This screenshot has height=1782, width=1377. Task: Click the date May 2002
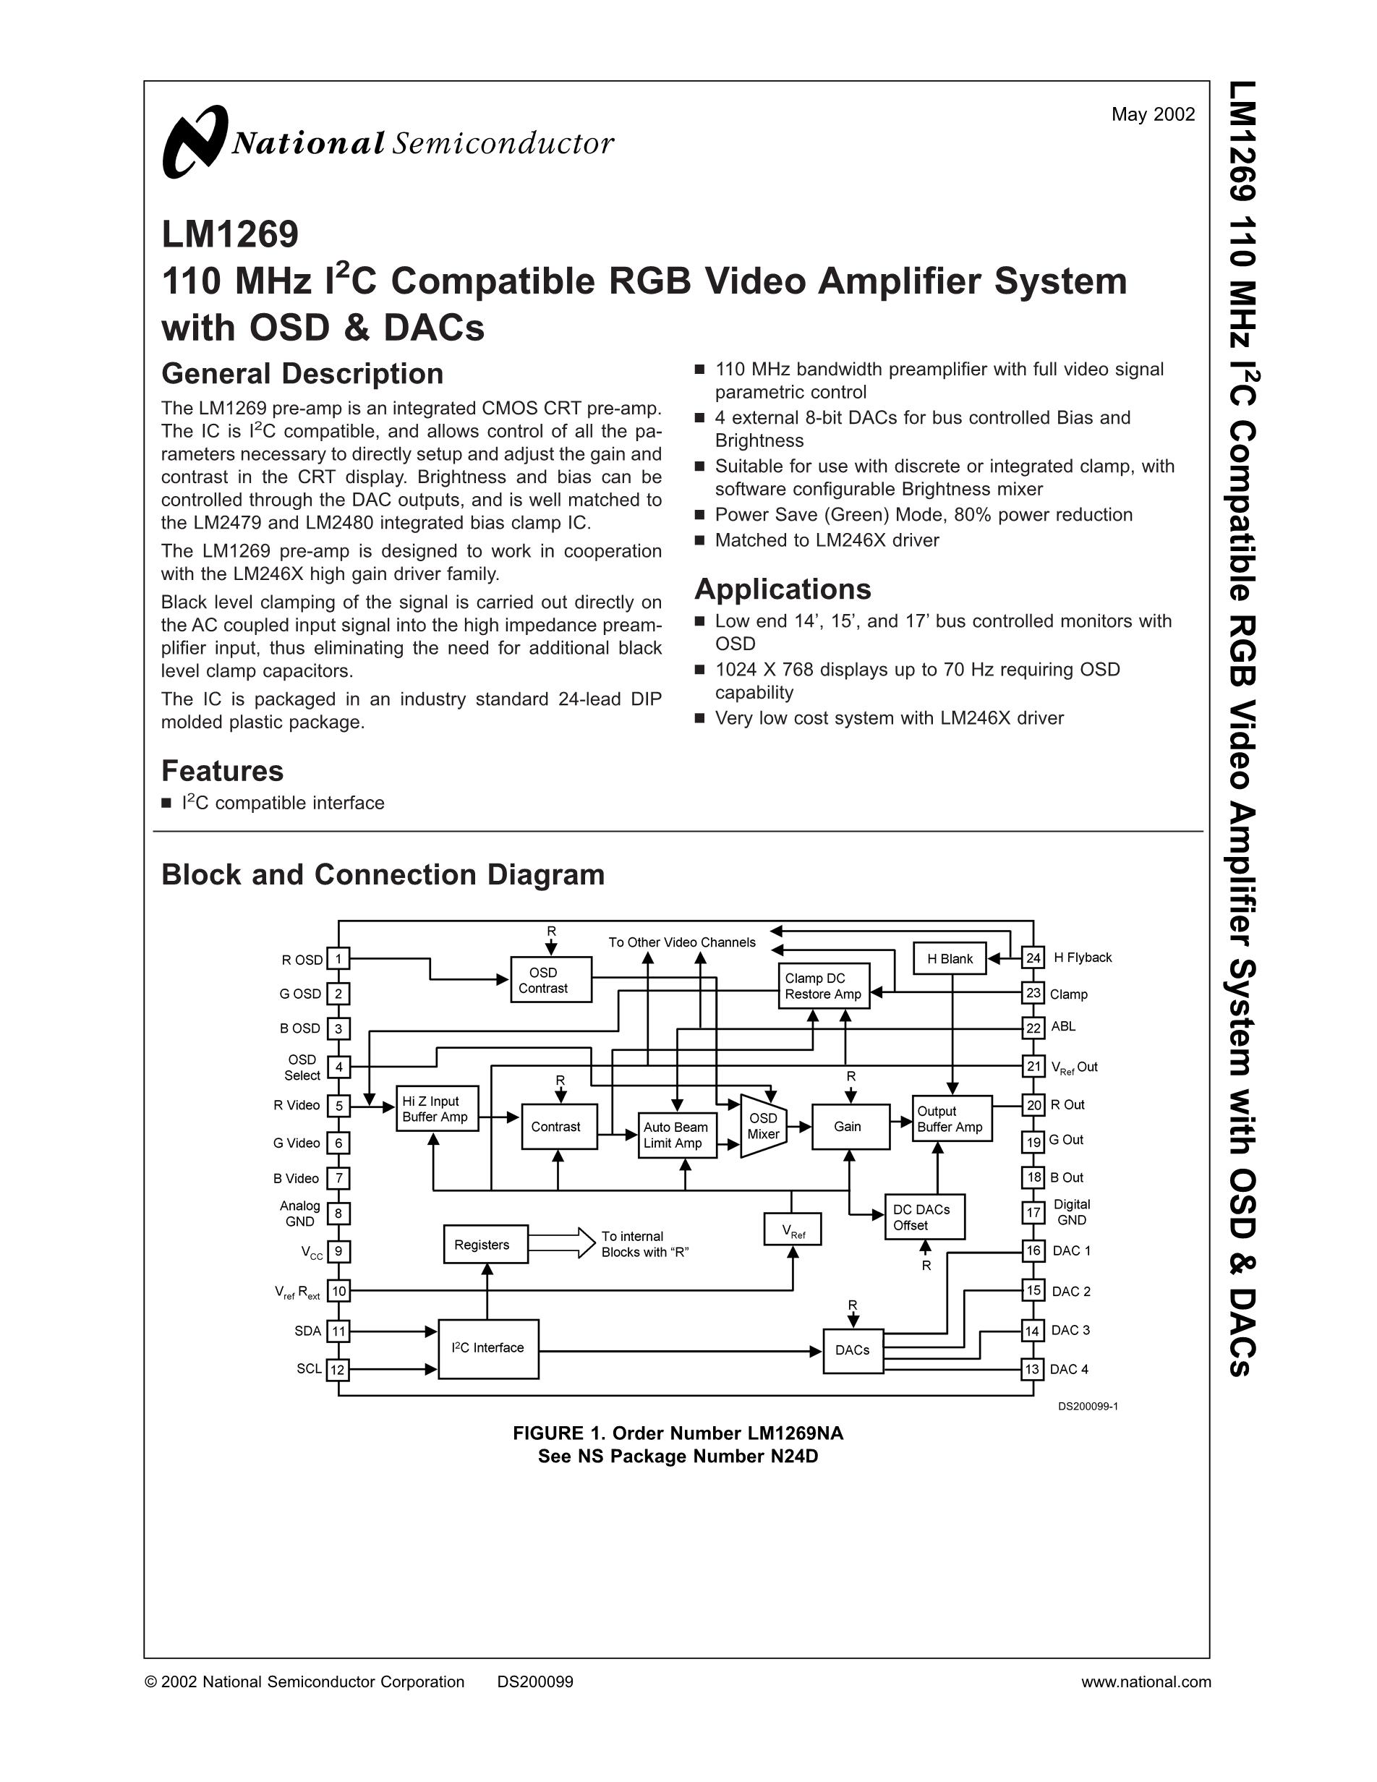pyautogui.click(x=1153, y=115)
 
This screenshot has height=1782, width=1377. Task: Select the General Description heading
pyautogui.click(x=302, y=374)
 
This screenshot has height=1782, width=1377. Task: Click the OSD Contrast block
pyautogui.click(x=550, y=980)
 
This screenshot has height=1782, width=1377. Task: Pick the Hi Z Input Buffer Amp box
pyautogui.click(x=436, y=1109)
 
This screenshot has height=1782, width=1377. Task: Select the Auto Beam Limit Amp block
pyautogui.click(x=676, y=1135)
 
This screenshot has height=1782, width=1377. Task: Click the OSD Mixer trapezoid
pyautogui.click(x=764, y=1126)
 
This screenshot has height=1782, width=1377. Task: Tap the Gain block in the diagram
pyautogui.click(x=849, y=1127)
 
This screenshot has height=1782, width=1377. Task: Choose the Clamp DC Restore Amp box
pyautogui.click(x=823, y=986)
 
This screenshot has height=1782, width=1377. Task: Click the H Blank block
pyautogui.click(x=950, y=959)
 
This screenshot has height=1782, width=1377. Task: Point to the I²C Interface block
pyautogui.click(x=488, y=1348)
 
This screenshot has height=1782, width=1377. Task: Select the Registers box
pyautogui.click(x=485, y=1245)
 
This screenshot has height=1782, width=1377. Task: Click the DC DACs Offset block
pyautogui.click(x=924, y=1216)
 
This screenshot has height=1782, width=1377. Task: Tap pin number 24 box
pyautogui.click(x=1033, y=958)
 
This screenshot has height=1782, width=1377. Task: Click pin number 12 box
pyautogui.click(x=338, y=1370)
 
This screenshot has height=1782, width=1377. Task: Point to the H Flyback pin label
pyautogui.click(x=1083, y=958)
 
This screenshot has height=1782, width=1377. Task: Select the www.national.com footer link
pyautogui.click(x=1146, y=1681)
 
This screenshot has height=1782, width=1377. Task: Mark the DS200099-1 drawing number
pyautogui.click(x=1088, y=1407)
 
